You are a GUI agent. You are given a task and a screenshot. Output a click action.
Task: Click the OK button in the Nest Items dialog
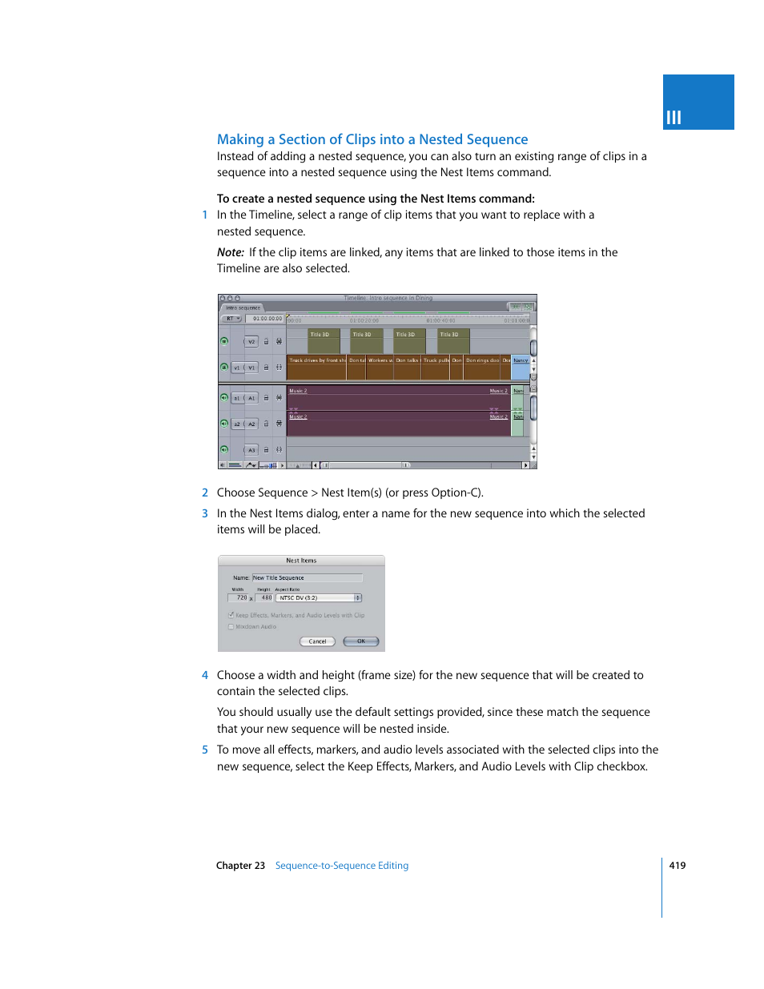click(360, 641)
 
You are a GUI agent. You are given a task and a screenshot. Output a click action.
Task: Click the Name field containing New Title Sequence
click(307, 578)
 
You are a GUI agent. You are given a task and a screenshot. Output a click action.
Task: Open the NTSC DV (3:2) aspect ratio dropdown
click(319, 598)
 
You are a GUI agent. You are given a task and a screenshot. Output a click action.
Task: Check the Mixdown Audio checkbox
click(231, 627)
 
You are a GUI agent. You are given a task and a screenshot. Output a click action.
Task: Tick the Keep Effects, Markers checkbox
click(231, 615)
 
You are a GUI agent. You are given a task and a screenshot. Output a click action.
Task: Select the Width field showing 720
click(239, 598)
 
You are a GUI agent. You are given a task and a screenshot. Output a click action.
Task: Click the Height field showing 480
click(265, 598)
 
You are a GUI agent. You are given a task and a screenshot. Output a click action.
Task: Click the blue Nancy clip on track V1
click(521, 367)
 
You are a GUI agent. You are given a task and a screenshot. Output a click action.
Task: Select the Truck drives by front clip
click(316, 367)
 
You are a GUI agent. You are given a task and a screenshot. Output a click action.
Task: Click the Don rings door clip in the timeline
click(482, 367)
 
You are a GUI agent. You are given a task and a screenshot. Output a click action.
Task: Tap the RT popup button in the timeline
click(231, 319)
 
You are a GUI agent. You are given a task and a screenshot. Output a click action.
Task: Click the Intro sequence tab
click(243, 308)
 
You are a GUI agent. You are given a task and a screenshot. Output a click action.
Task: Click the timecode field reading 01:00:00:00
click(267, 319)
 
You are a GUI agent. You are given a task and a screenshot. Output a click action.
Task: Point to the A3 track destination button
click(251, 450)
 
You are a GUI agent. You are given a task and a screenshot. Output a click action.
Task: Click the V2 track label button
click(251, 342)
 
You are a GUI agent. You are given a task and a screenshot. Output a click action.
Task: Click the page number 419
click(678, 866)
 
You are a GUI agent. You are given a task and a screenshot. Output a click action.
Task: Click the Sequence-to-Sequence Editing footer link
click(342, 866)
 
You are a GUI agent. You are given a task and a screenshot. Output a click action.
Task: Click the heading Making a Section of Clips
click(372, 139)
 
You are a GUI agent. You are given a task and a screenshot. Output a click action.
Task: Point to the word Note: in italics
click(231, 252)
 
